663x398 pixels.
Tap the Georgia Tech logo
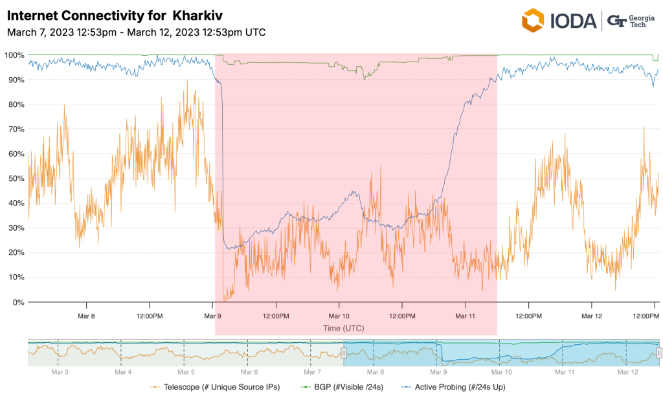[629, 20]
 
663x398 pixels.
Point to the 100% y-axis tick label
[14, 55]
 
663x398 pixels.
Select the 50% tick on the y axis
[16, 179]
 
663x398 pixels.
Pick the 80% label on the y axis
[16, 104]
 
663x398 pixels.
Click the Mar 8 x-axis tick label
[86, 316]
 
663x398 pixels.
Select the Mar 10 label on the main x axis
[339, 316]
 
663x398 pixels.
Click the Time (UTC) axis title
[344, 329]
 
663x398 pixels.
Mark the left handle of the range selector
[344, 353]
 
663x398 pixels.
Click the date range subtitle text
[136, 32]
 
